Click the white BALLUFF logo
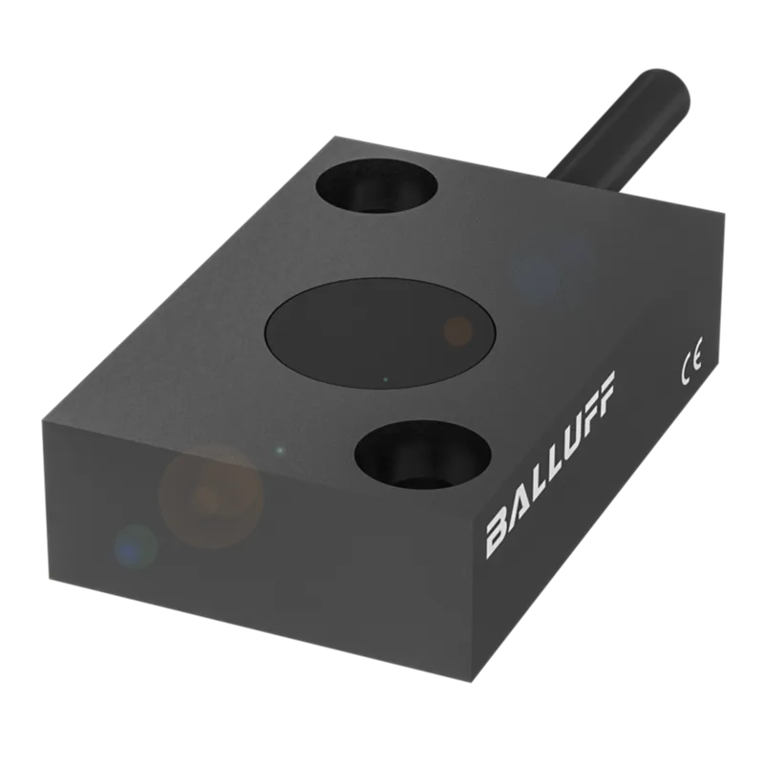click(551, 464)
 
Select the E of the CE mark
click(697, 357)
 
